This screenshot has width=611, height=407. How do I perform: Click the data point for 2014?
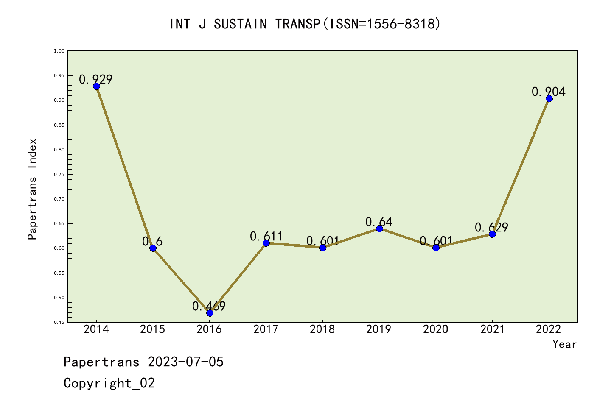(x=96, y=86)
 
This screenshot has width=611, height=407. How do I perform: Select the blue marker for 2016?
(x=210, y=313)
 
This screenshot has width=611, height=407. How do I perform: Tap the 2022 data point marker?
(x=549, y=98)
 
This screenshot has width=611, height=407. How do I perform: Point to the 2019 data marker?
(x=379, y=229)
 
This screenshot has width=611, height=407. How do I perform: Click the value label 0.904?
(x=549, y=92)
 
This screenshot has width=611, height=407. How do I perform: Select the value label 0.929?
(x=96, y=79)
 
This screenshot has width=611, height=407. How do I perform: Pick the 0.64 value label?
(x=379, y=222)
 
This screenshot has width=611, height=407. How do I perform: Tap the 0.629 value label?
(x=491, y=228)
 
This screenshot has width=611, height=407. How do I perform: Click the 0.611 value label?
(x=266, y=236)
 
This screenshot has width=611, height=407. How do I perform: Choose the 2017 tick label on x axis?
(x=266, y=329)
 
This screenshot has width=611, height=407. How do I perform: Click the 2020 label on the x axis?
(x=436, y=329)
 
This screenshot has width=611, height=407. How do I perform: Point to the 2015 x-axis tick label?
(x=153, y=329)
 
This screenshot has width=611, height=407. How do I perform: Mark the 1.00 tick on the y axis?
(x=59, y=51)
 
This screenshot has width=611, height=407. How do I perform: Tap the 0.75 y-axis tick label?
(x=59, y=174)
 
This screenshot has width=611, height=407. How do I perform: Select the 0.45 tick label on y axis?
(x=59, y=322)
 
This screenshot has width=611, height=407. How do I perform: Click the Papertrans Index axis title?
(x=33, y=189)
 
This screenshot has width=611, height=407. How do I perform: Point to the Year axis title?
(x=564, y=344)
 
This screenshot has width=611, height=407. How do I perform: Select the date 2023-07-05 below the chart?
(x=185, y=362)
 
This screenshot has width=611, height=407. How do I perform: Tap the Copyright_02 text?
(x=109, y=383)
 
